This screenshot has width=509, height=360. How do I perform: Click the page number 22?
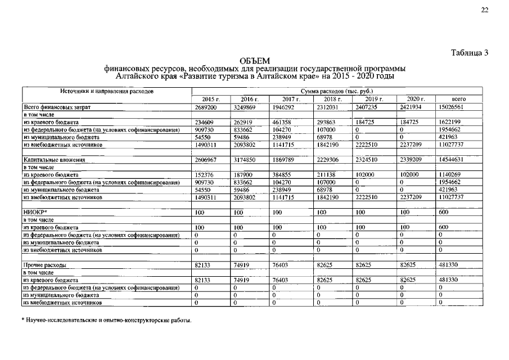click(x=484, y=10)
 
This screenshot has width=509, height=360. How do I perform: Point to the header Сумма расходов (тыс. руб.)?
click(x=337, y=91)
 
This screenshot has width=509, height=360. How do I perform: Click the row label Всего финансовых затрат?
click(x=57, y=106)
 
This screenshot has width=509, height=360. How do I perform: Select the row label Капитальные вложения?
click(x=54, y=160)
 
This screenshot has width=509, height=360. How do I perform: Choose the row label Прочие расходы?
click(x=45, y=264)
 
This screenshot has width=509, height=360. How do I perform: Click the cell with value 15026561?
click(x=451, y=106)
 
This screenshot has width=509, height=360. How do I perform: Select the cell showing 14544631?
click(x=451, y=160)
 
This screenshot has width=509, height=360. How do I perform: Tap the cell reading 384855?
click(x=283, y=175)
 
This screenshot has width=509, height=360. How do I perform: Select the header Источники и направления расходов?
click(x=107, y=91)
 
